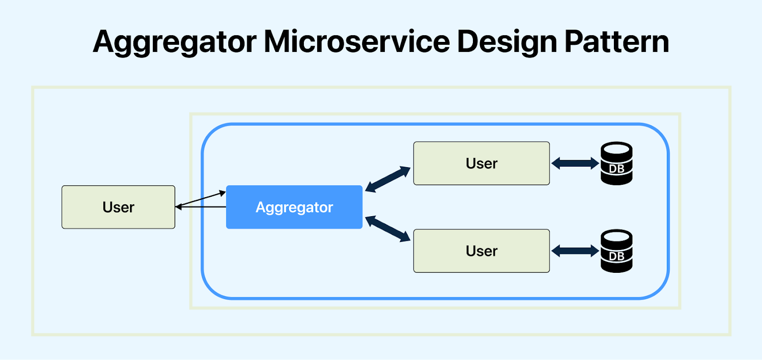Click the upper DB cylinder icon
pos(616,163)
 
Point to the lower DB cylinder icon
pos(616,250)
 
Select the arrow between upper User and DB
pos(575,163)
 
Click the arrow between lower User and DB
pos(575,251)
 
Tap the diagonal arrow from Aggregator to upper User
pos(388,179)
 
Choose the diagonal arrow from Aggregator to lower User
pos(388,229)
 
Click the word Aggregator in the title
pos(175,42)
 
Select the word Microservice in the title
pos(357,42)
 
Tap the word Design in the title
pos(507,42)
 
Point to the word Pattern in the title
pos(617,42)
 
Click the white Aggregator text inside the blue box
pos(294,207)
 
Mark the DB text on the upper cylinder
pos(616,169)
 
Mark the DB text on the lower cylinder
pos(616,256)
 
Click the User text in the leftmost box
pos(118,207)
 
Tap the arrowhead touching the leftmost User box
pos(179,207)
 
